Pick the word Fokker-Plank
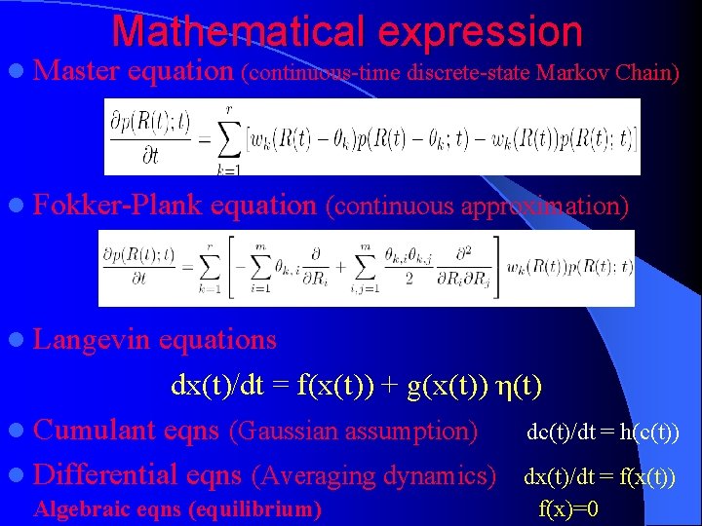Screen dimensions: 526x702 [x=118, y=206]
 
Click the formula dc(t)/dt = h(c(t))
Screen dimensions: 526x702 [x=603, y=432]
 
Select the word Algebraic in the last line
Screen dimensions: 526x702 [x=77, y=508]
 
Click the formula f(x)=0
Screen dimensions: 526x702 [x=568, y=508]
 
